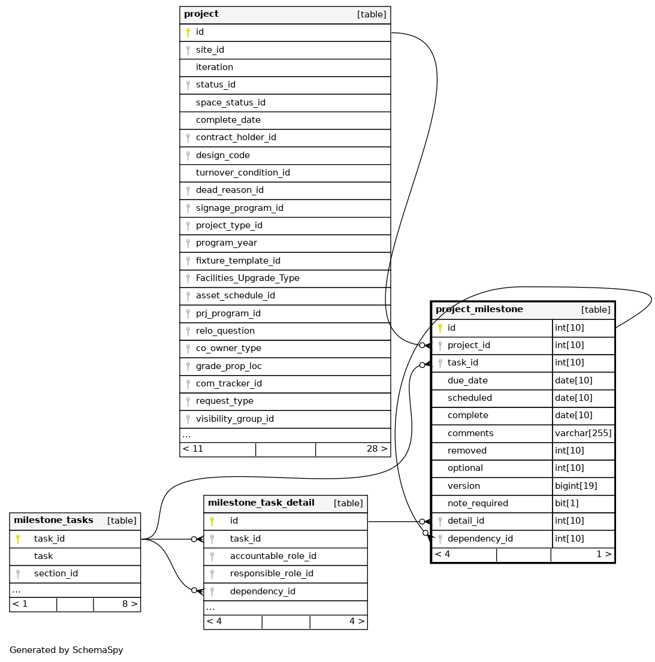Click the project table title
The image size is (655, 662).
(201, 14)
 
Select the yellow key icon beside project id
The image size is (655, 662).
(188, 32)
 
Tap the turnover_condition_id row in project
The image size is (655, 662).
(243, 173)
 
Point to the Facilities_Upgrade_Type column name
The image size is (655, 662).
(247, 279)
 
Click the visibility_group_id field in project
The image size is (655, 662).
(234, 419)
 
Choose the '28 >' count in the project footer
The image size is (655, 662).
(376, 449)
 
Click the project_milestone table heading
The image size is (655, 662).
(479, 310)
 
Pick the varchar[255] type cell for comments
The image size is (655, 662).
(583, 434)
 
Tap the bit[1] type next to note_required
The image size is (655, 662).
(566, 504)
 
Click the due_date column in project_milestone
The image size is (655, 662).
(467, 381)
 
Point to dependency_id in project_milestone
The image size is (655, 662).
(480, 539)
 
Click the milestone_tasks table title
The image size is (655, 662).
(53, 521)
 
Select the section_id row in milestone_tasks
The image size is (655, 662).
(56, 574)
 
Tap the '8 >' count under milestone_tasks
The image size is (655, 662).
(129, 604)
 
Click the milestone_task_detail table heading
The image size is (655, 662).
(261, 503)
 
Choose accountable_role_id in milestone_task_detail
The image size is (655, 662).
(273, 557)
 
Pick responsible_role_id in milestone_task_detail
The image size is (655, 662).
(271, 574)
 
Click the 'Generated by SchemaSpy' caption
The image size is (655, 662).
(67, 651)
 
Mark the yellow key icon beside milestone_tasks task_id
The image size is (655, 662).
(18, 539)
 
